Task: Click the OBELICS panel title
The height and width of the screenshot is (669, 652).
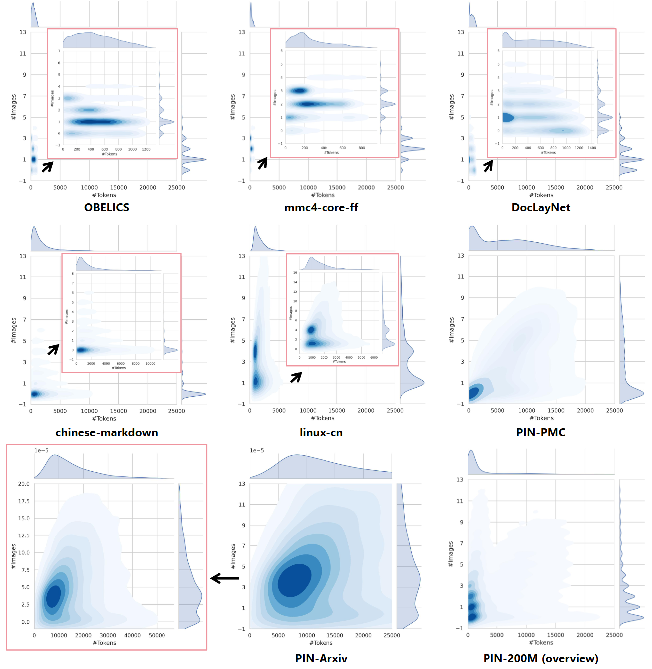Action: tap(107, 208)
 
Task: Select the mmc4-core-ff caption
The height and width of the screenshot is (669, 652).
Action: tap(321, 208)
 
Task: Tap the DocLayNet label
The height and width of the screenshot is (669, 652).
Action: tap(541, 208)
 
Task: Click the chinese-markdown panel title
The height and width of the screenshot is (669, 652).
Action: tap(107, 432)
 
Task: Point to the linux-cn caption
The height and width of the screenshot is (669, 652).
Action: tap(321, 432)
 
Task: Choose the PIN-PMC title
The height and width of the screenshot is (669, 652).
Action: tap(541, 432)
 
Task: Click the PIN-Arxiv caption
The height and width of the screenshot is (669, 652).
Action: tap(321, 658)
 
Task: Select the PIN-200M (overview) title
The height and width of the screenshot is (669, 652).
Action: tap(540, 658)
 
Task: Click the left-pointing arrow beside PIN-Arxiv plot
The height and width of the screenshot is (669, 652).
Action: tap(225, 578)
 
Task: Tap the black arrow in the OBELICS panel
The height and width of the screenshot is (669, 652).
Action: tap(47, 167)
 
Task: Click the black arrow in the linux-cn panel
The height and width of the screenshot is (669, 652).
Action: tap(296, 377)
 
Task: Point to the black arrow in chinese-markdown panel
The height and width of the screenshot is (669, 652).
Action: tap(53, 349)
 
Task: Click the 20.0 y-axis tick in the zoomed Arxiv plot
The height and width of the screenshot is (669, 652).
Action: tap(24, 484)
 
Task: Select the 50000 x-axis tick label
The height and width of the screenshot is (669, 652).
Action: tap(157, 635)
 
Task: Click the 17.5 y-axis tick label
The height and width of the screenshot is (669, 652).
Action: tap(24, 501)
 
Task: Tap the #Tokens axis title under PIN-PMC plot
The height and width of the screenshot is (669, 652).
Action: tap(541, 418)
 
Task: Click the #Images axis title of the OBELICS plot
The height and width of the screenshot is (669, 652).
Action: tap(14, 107)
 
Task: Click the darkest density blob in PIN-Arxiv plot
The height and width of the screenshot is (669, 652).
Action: tap(294, 580)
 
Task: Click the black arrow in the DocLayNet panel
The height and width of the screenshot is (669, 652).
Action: tap(489, 165)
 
